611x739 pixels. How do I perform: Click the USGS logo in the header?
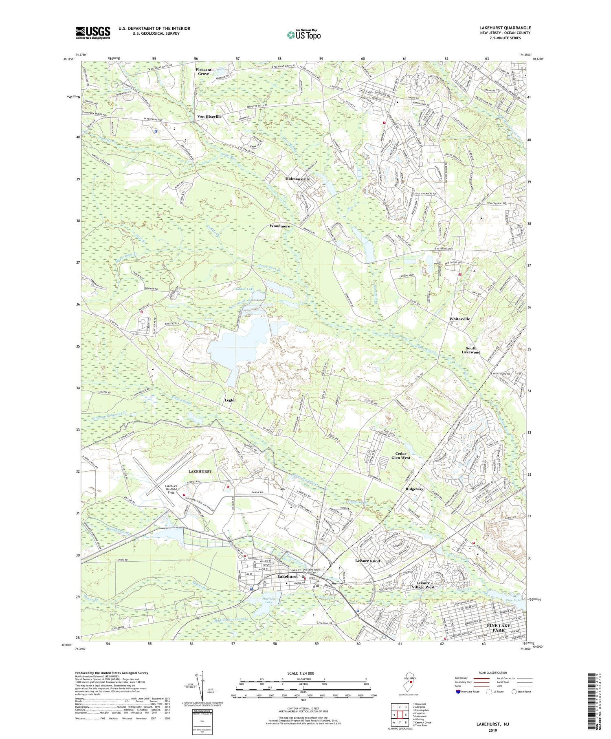tap(93, 33)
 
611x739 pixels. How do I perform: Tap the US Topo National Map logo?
tap(303, 35)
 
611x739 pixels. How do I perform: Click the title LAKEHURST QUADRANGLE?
tap(505, 28)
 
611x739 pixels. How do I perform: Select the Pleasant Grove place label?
tap(204, 72)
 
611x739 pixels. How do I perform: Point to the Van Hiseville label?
tap(209, 117)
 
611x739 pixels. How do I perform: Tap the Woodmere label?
tap(279, 226)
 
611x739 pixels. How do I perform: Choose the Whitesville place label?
tap(459, 319)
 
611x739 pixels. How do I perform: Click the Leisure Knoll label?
tap(367, 561)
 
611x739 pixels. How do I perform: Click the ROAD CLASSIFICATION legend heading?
tap(490, 673)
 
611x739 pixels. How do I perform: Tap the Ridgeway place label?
tap(414, 489)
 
